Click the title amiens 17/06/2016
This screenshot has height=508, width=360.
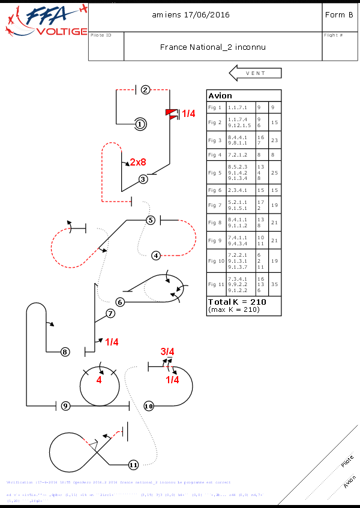pyautogui.click(x=191, y=14)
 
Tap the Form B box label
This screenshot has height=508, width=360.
pyautogui.click(x=338, y=14)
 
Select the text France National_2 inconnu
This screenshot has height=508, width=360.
pyautogui.click(x=213, y=47)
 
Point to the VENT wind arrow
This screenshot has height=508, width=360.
pyautogui.click(x=255, y=73)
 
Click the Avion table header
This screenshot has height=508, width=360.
pyautogui.click(x=220, y=96)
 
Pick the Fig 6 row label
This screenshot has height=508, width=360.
pyautogui.click(x=215, y=190)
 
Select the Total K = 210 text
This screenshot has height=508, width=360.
pyautogui.click(x=236, y=302)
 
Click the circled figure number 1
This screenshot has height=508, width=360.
pyautogui.click(x=140, y=124)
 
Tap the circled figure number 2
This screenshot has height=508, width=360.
pyautogui.click(x=145, y=90)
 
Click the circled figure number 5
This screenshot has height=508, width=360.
pyautogui.click(x=151, y=220)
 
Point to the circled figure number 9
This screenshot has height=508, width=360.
pyautogui.click(x=65, y=406)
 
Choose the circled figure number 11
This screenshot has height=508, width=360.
pyautogui.click(x=133, y=464)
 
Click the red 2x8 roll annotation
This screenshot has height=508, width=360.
pyautogui.click(x=138, y=162)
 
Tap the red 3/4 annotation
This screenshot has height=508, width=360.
pyautogui.click(x=167, y=351)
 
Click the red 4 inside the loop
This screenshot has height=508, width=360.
pyautogui.click(x=99, y=380)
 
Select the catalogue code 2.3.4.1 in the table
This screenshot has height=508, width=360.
pyautogui.click(x=237, y=190)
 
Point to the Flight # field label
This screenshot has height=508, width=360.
pyautogui.click(x=333, y=35)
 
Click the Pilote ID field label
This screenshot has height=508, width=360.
pyautogui.click(x=101, y=35)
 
